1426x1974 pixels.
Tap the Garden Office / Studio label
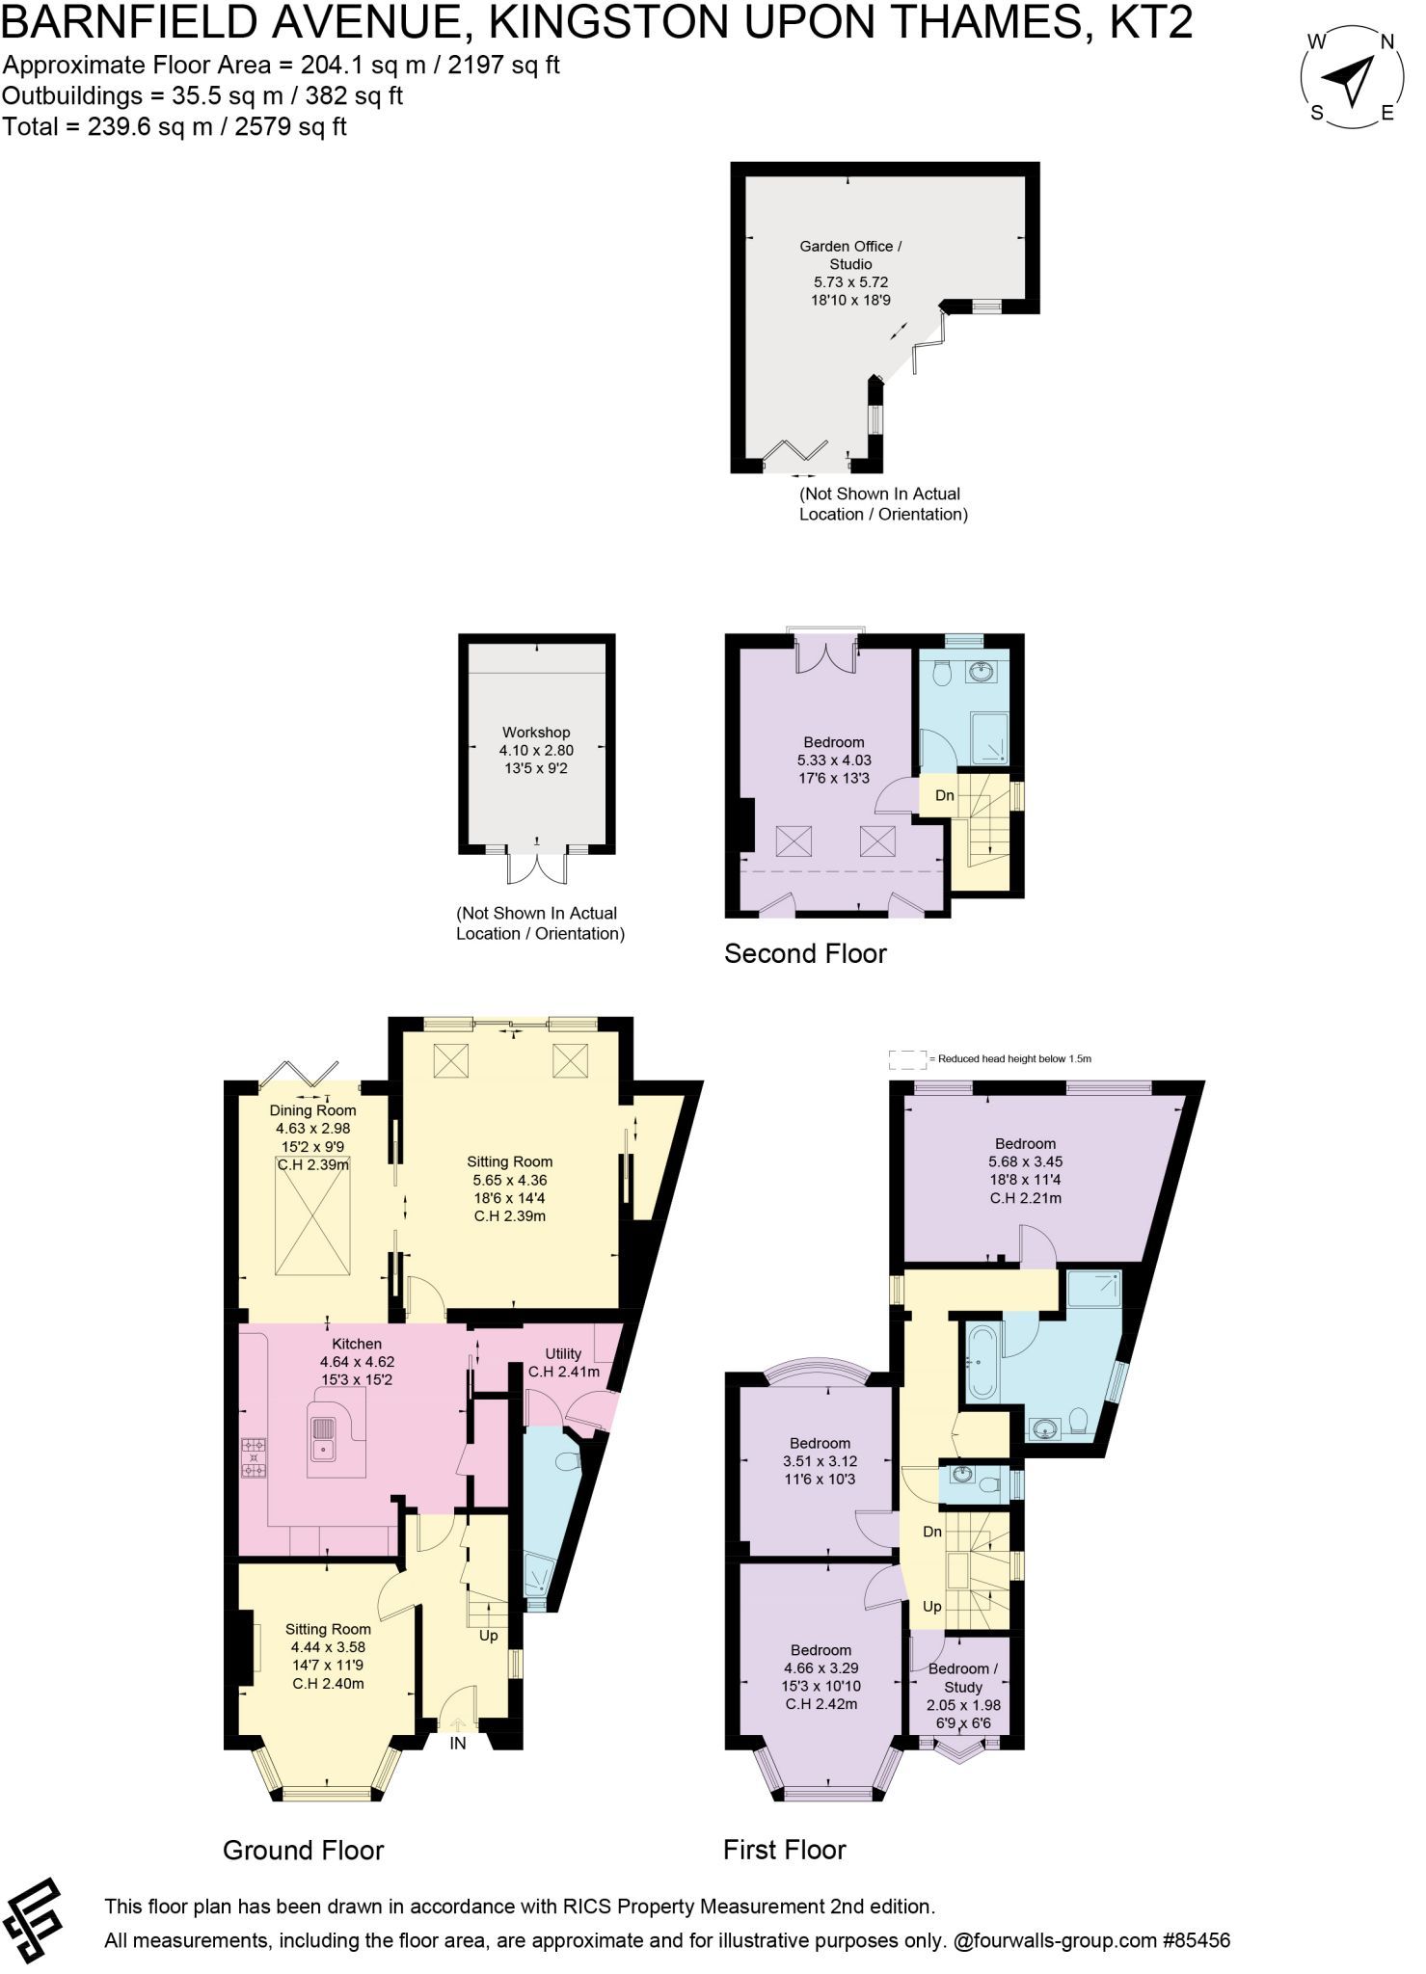[850, 254]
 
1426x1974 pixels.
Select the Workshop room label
[536, 733]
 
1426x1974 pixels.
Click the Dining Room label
[312, 1110]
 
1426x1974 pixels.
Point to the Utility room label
[563, 1353]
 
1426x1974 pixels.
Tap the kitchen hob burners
[255, 1457]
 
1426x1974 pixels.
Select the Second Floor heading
[805, 953]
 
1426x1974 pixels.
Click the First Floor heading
[784, 1850]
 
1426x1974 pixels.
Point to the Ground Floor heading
[303, 1851]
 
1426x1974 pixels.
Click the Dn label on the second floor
[945, 795]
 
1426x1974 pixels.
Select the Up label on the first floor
[932, 1607]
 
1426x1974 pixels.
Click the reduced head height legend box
[907, 1059]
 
